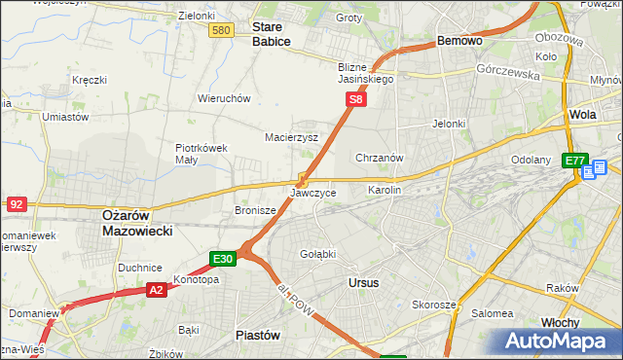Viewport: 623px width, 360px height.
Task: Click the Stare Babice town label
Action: pyautogui.click(x=273, y=36)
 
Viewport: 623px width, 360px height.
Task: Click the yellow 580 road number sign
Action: pyautogui.click(x=222, y=31)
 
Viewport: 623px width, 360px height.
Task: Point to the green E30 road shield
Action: pyautogui.click(x=223, y=259)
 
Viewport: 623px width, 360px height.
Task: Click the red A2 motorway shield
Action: pyautogui.click(x=157, y=289)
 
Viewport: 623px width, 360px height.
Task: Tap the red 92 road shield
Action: pyautogui.click(x=16, y=203)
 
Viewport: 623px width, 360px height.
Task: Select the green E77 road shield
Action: pyautogui.click(x=574, y=161)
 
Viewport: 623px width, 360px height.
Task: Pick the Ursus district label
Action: pyautogui.click(x=363, y=282)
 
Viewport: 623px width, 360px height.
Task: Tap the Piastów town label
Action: pyautogui.click(x=258, y=334)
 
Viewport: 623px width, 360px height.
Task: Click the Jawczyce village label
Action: pyautogui.click(x=312, y=193)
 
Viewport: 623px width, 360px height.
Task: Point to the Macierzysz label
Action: pyautogui.click(x=292, y=137)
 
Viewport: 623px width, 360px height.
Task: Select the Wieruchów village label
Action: pyautogui.click(x=225, y=98)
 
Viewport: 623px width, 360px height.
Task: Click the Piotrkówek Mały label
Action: pyautogui.click(x=202, y=154)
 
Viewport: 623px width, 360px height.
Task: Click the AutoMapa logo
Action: pyautogui.click(x=558, y=341)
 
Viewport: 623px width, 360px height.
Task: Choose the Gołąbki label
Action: pyautogui.click(x=317, y=254)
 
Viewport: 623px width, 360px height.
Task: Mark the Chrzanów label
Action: pyautogui.click(x=380, y=158)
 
